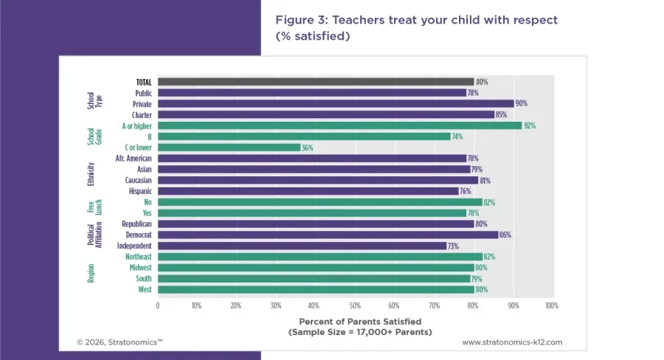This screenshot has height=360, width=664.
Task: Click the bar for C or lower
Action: coord(229,148)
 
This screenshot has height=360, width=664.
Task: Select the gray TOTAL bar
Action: coord(316,82)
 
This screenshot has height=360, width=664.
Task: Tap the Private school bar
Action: coord(336,104)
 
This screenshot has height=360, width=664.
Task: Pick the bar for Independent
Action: coord(302,246)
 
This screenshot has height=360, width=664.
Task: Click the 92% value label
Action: coord(529,125)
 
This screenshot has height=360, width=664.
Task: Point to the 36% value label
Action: coord(308,148)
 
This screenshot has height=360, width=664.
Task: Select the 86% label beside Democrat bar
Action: coord(505,235)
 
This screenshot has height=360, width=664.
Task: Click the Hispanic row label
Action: coord(139,191)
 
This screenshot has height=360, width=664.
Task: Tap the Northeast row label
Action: coord(138,257)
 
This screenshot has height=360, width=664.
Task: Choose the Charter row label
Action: coord(142,115)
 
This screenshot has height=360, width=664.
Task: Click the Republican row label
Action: coord(136,224)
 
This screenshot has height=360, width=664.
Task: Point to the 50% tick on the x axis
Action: coord(355,305)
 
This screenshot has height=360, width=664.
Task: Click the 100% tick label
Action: coord(552,305)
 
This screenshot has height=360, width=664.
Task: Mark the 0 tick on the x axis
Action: coord(157,305)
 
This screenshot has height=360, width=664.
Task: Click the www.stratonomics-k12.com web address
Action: coord(512,342)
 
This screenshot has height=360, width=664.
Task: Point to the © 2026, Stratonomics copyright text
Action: coord(120,342)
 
